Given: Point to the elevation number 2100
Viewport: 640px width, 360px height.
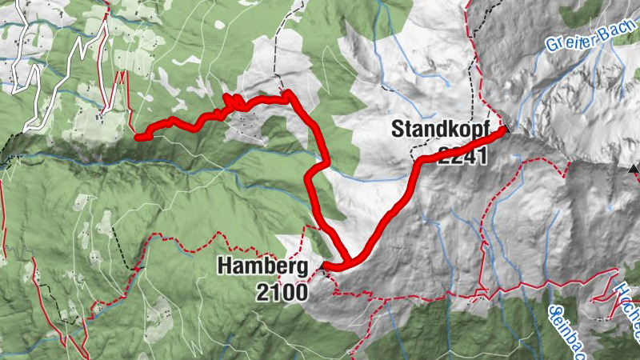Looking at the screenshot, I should [x=282, y=293].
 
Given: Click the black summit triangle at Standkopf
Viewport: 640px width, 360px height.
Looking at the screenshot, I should [x=505, y=127].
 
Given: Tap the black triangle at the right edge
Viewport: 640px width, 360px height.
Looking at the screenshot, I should [x=634, y=169].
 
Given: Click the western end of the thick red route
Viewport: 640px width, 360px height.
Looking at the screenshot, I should [x=138, y=138].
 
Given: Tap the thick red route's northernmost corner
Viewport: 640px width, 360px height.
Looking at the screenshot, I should [x=289, y=94].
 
